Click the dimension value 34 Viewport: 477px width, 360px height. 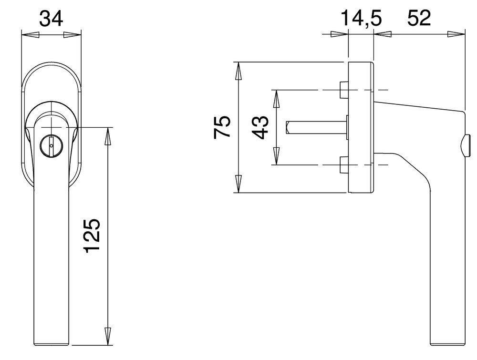click(51, 19)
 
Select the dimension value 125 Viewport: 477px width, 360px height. click(92, 236)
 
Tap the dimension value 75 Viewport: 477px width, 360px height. click(223, 127)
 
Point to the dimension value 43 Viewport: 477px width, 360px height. click(260, 127)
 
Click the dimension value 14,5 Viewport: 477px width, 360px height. click(361, 19)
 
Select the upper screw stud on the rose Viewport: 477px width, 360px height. click(343, 90)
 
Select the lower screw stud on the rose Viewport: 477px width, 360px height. click(343, 165)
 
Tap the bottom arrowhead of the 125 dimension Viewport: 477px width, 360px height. click(108, 336)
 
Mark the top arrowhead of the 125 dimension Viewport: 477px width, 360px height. click(108, 136)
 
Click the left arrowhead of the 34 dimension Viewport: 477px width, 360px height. click(31, 35)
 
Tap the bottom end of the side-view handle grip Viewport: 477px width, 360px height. click(447, 344)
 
